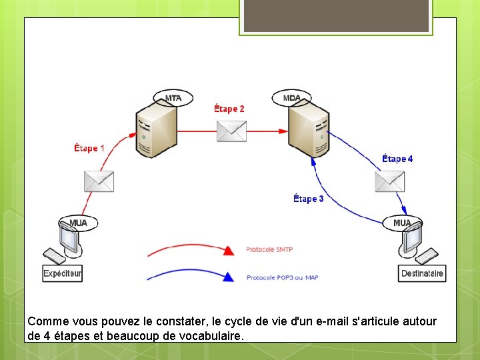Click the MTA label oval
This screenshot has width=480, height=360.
tap(173, 98)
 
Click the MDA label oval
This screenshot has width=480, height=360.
tap(292, 98)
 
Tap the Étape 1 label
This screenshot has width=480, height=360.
tap(89, 148)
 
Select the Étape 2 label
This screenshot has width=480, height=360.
tap(229, 108)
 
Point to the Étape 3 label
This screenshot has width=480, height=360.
tap(309, 199)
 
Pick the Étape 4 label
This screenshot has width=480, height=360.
tap(397, 159)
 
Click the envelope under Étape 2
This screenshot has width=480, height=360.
tap(231, 131)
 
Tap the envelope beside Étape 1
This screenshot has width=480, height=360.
tap(99, 181)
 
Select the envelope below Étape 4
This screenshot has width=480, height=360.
tap(390, 181)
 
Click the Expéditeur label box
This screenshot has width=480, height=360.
tap(62, 273)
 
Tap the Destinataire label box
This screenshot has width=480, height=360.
tap(423, 273)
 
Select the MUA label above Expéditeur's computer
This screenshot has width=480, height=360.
tap(78, 222)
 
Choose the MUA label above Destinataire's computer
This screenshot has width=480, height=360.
tap(402, 223)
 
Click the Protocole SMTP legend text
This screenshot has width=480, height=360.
tap(269, 250)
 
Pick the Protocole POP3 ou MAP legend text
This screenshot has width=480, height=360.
tap(282, 277)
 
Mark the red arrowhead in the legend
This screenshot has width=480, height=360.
tap(229, 251)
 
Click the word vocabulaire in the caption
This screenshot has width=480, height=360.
tap(207, 336)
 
